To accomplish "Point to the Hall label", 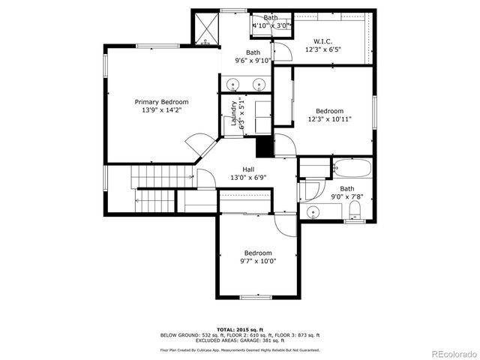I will pos(247,169).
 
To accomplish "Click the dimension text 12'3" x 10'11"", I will pos(329,118).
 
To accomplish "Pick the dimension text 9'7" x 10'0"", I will pos(258,262).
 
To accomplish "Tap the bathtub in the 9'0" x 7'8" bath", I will pos(351,167).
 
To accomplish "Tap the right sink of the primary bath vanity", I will pos(259,83).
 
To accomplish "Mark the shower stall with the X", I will pos(205,28).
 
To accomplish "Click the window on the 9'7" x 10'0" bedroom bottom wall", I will pos(255,297).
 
